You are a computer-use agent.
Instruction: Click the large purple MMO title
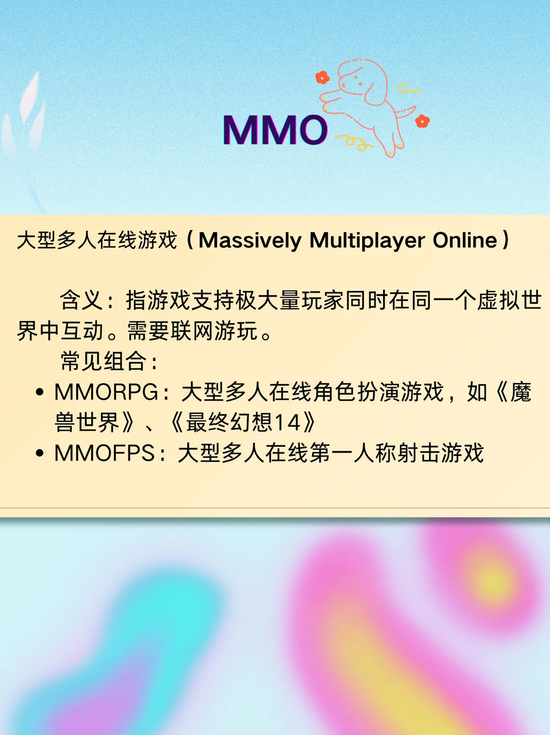[x=275, y=129]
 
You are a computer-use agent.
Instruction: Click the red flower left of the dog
[x=322, y=77]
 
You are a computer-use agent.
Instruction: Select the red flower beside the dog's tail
[x=422, y=121]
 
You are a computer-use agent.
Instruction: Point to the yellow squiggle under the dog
[x=354, y=142]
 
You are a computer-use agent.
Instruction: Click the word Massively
[x=250, y=241]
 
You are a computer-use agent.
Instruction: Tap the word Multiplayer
[x=367, y=241]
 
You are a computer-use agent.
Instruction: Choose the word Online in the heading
[x=465, y=240]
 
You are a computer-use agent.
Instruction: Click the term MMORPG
[x=106, y=392]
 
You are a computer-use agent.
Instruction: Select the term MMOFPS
[x=104, y=453]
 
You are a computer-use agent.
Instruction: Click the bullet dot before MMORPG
[x=40, y=392]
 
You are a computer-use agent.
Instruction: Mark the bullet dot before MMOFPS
[x=40, y=453]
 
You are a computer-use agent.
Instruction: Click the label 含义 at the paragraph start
[x=81, y=300]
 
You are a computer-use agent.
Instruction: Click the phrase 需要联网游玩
[x=193, y=331]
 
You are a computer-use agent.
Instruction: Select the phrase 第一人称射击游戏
[x=397, y=453]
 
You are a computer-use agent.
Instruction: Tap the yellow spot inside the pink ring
[x=491, y=583]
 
